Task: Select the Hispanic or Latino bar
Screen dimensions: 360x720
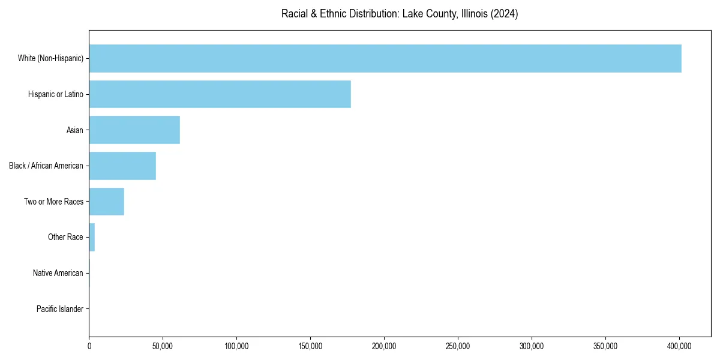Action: click(x=220, y=94)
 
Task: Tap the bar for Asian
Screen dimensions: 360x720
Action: click(x=134, y=130)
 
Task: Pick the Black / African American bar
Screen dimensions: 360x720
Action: click(x=122, y=166)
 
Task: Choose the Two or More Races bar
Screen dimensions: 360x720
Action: click(x=107, y=202)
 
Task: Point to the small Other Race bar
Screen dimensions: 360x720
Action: click(x=92, y=237)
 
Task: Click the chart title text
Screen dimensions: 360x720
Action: click(x=400, y=14)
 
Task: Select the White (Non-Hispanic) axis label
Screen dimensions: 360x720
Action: click(x=50, y=58)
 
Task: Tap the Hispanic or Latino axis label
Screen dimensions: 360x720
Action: click(x=56, y=94)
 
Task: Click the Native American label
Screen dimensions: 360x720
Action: click(x=58, y=273)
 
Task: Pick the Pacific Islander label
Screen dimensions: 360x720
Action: click(x=60, y=309)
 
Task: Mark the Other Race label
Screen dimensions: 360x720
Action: click(x=65, y=237)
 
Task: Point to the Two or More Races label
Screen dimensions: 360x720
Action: click(x=53, y=202)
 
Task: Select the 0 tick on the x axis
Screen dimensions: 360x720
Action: click(x=89, y=346)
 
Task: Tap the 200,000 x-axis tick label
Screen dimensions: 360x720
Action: click(x=384, y=346)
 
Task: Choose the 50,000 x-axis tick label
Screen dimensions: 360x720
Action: click(x=163, y=346)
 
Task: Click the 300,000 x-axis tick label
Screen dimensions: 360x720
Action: click(x=532, y=346)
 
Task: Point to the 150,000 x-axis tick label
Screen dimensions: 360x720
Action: click(x=310, y=346)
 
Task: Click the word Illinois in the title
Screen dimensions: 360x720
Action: click(x=473, y=14)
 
